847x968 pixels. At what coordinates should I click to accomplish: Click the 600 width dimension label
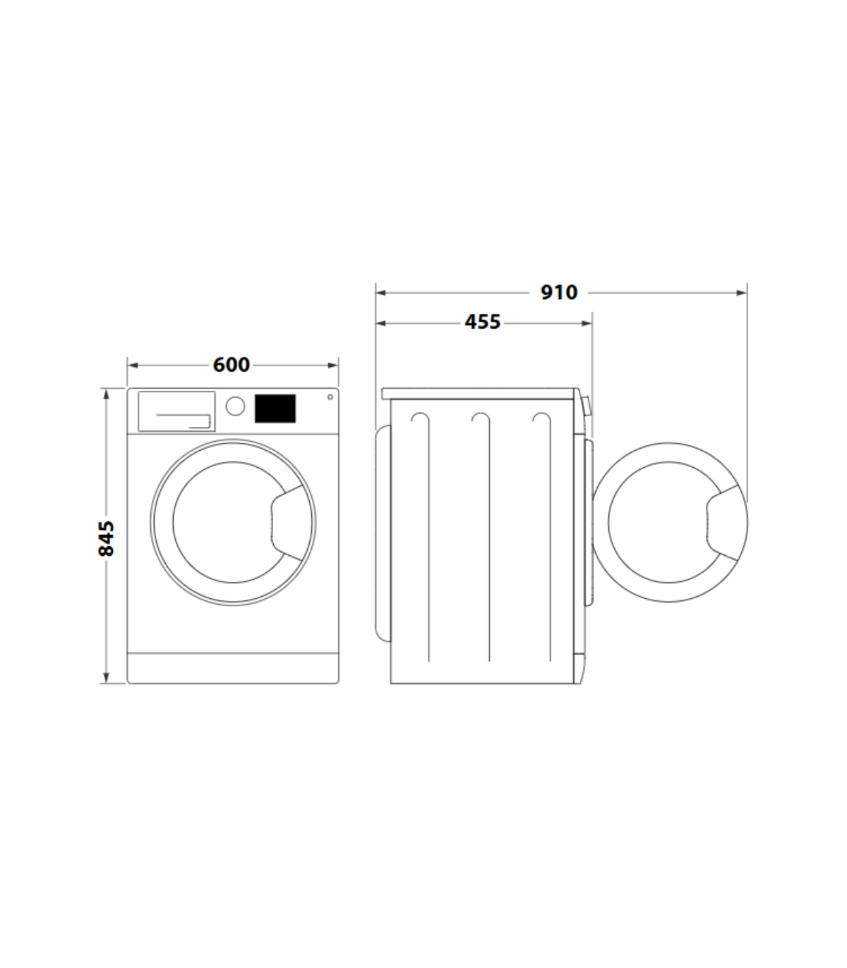coord(231,365)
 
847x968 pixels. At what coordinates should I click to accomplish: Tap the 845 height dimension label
coord(106,538)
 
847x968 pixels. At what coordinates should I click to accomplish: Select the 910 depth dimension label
coord(559,292)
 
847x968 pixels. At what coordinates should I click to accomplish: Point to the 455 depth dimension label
coord(482,322)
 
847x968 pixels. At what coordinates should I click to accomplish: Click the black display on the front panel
coord(275,409)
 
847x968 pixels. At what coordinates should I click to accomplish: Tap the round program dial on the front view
coord(235,406)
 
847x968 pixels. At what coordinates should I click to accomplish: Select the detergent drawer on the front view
coord(176,411)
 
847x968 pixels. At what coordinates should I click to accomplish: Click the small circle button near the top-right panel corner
coord(330,397)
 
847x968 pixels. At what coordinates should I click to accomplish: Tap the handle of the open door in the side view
coord(727,522)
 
